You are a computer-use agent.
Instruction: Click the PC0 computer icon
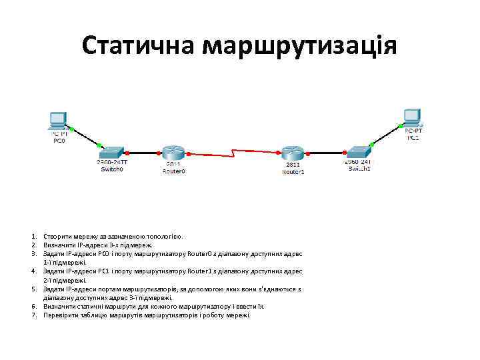[57, 121]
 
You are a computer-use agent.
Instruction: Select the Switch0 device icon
[111, 152]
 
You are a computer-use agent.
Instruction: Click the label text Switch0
[112, 169]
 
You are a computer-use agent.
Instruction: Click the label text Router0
[174, 171]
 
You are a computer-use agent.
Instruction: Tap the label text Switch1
[359, 169]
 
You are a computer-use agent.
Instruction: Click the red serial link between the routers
[233, 153]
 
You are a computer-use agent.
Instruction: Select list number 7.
[33, 315]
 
